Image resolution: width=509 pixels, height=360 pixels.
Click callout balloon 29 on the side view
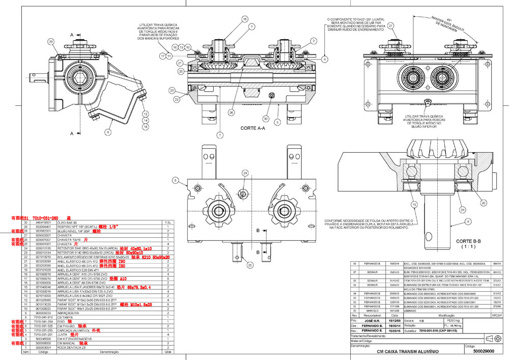pyautogui.click(x=51, y=41)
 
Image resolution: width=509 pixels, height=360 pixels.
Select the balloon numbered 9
pyautogui.click(x=108, y=131)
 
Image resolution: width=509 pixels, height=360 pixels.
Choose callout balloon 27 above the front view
pyautogui.click(x=390, y=25)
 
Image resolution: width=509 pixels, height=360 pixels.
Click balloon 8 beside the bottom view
pyautogui.click(x=175, y=180)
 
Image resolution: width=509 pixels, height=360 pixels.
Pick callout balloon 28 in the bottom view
pyautogui.click(x=245, y=174)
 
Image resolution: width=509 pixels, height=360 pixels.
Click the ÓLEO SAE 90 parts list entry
pyautogui.click(x=72, y=223)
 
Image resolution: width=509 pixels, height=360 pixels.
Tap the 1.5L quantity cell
pyautogui.click(x=167, y=223)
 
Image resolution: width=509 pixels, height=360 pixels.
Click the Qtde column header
pyautogui.click(x=167, y=351)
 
